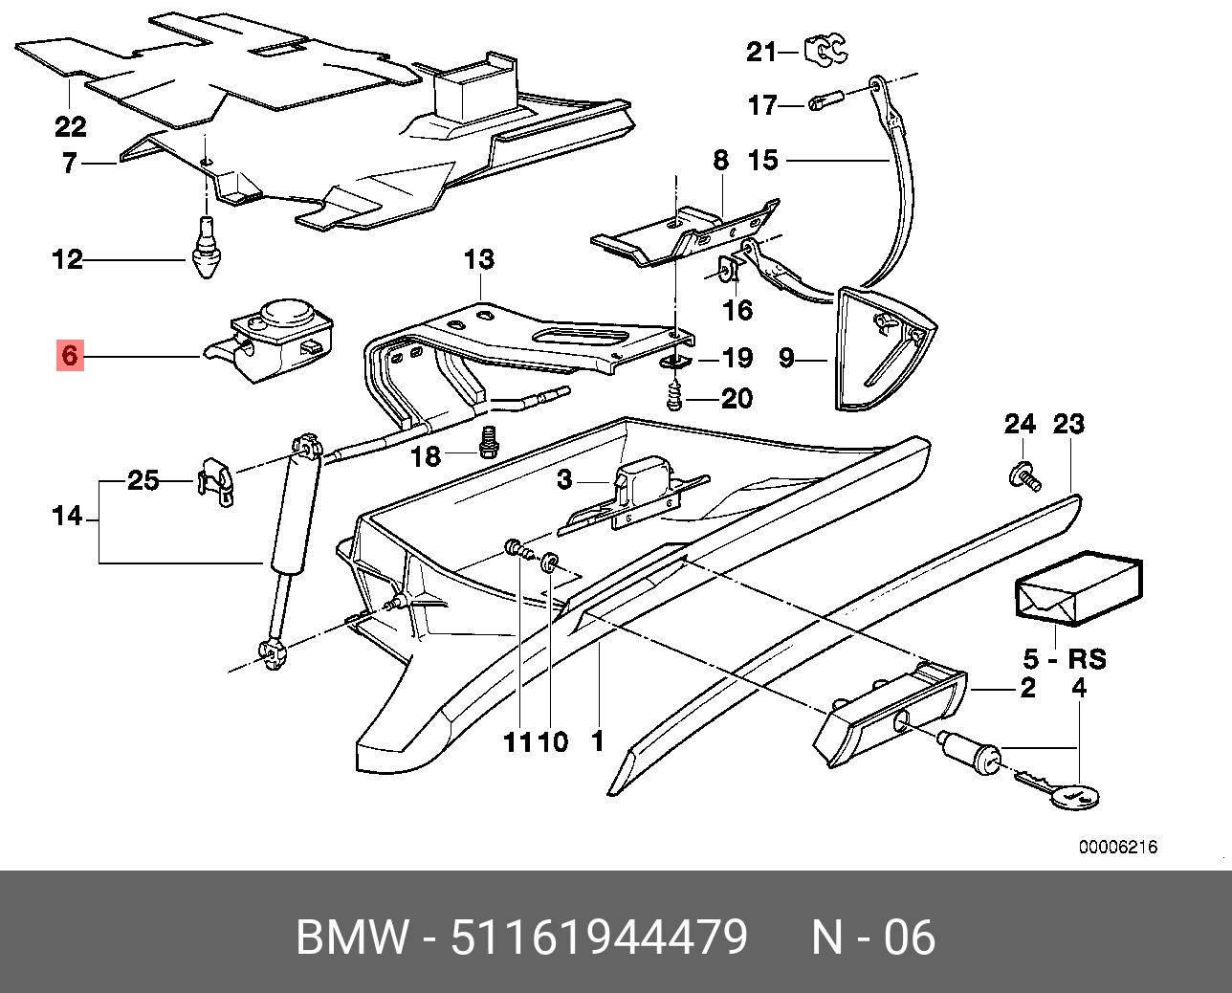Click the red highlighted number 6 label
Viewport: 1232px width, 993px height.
click(69, 356)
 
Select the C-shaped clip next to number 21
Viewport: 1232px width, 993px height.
click(825, 49)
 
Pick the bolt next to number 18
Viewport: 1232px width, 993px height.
click(490, 441)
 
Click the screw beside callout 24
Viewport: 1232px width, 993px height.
click(1024, 474)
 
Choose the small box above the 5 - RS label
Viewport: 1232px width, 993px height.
click(1077, 587)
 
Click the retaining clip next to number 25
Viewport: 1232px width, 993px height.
click(216, 481)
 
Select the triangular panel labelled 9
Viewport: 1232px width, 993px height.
click(879, 349)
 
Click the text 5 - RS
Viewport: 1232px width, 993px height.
click(1064, 659)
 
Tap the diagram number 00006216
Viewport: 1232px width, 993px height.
click(1118, 847)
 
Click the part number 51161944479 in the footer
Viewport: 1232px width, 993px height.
click(599, 937)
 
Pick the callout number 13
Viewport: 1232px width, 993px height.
click(478, 258)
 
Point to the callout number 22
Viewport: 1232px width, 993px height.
click(70, 125)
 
